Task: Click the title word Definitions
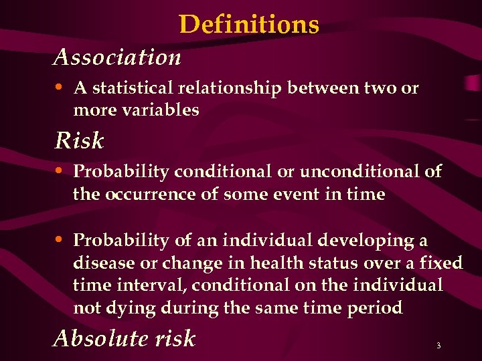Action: point(249,25)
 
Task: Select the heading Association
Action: point(117,57)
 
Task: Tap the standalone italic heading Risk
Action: point(79,141)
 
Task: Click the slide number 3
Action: point(438,346)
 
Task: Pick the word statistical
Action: point(133,88)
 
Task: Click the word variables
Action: point(161,110)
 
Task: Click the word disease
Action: point(100,263)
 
